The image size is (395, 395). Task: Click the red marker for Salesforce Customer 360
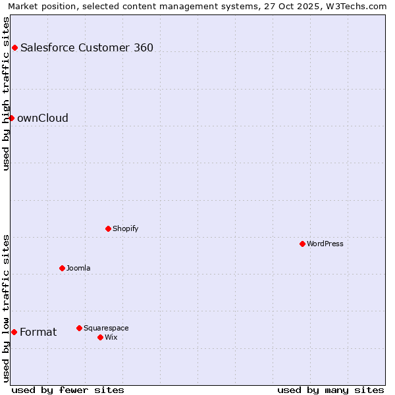click(x=14, y=47)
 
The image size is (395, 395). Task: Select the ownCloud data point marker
click(x=11, y=118)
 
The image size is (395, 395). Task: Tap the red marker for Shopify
click(x=108, y=228)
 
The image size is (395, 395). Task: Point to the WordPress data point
click(x=302, y=244)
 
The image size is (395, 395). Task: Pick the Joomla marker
click(x=62, y=268)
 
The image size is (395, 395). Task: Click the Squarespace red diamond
click(x=79, y=328)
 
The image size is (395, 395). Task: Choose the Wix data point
click(x=100, y=337)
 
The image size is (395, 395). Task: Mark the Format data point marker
click(x=14, y=332)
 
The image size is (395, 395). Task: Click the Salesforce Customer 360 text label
click(x=87, y=47)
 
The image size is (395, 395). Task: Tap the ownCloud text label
click(x=43, y=118)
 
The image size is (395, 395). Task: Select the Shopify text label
click(x=125, y=228)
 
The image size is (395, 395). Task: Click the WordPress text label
click(x=325, y=244)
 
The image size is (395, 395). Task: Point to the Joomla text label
click(x=78, y=268)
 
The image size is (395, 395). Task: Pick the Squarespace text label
click(x=106, y=328)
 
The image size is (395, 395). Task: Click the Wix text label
click(x=111, y=337)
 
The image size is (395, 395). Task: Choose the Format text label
click(x=38, y=332)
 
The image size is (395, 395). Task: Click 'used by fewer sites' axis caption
click(x=68, y=390)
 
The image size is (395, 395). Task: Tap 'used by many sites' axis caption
click(x=330, y=390)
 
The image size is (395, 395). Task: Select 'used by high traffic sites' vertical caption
click(x=6, y=93)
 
